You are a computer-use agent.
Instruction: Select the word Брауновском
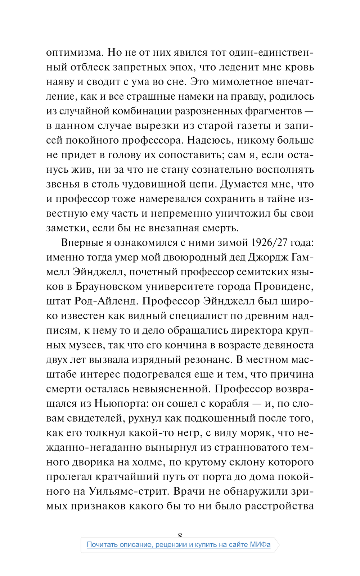click(109, 286)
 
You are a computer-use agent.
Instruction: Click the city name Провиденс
click(284, 286)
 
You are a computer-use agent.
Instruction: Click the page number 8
click(180, 535)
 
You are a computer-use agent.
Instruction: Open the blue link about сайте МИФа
click(179, 545)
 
